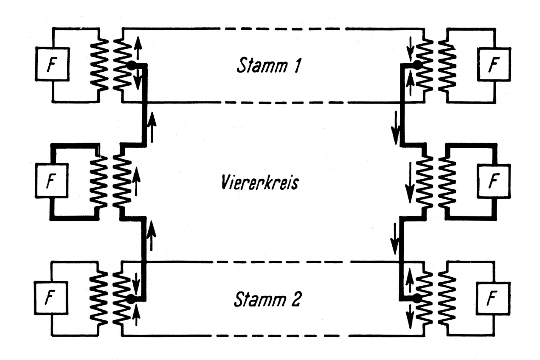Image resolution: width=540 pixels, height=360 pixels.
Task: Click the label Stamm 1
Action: point(270,66)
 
